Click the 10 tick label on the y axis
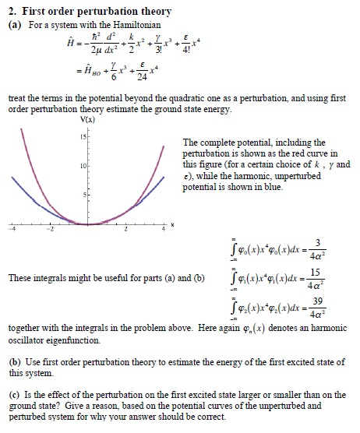pos(77,165)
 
